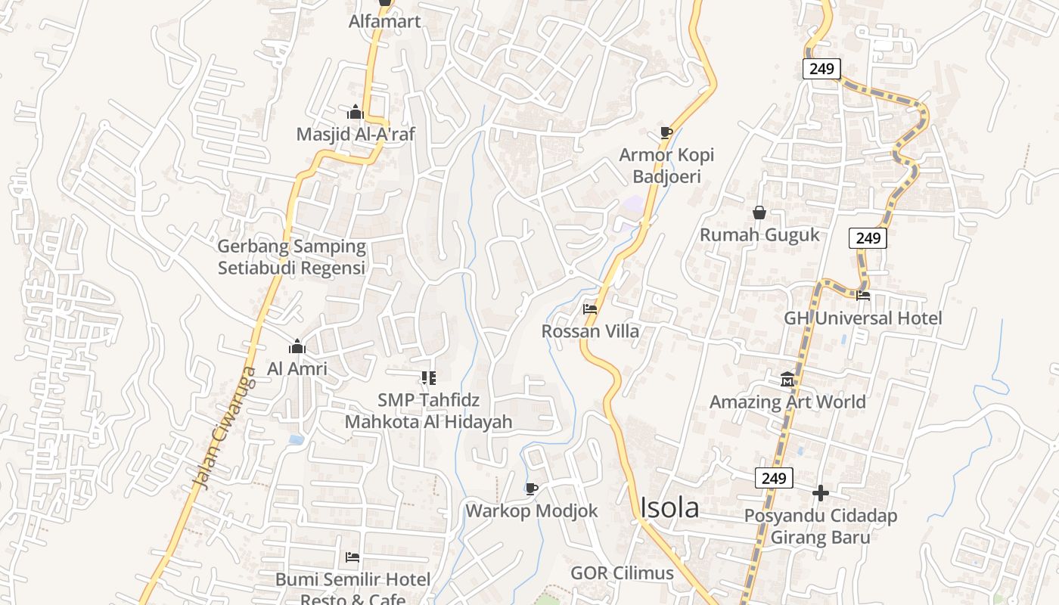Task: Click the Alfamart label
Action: click(384, 21)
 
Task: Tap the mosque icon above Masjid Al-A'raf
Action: click(356, 113)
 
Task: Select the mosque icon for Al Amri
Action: click(297, 347)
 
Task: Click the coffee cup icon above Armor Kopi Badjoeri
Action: click(666, 133)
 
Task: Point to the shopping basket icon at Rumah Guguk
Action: click(759, 213)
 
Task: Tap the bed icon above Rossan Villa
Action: click(590, 309)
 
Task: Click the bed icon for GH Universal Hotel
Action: click(862, 296)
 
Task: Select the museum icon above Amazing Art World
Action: click(787, 378)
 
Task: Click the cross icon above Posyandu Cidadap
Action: click(821, 493)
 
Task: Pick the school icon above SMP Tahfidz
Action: click(428, 377)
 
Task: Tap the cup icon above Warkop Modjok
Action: click(531, 489)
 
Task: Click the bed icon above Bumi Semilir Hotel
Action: click(352, 557)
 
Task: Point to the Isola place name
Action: click(669, 508)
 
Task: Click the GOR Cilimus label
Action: click(622, 572)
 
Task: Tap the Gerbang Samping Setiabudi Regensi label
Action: click(291, 257)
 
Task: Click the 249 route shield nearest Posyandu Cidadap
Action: click(773, 478)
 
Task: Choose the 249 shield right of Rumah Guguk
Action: click(868, 238)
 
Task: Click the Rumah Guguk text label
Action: click(759, 234)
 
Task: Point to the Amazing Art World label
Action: click(787, 402)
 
